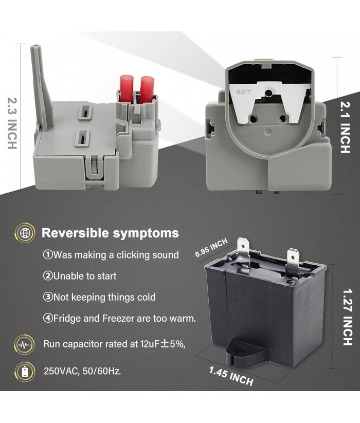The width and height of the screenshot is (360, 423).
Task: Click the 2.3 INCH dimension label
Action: coord(12,123)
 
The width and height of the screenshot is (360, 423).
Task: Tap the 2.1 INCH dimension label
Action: coord(346,127)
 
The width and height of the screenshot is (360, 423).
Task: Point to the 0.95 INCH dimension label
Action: coord(211,248)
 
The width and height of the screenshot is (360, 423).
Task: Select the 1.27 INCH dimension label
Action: coord(348,317)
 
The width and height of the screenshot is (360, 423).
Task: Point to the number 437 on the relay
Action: coord(243,92)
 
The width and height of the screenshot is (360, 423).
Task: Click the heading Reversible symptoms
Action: coord(110,233)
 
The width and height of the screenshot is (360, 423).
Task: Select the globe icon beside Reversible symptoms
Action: coord(25,233)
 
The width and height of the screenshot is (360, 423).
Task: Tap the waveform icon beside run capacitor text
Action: coord(25,344)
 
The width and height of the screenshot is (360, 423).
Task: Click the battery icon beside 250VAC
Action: coord(25,372)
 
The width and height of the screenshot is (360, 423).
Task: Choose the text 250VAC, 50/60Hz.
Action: coord(82,372)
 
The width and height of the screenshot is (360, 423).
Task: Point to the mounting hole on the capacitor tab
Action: coord(239,351)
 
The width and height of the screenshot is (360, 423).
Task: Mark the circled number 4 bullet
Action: coord(48,318)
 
